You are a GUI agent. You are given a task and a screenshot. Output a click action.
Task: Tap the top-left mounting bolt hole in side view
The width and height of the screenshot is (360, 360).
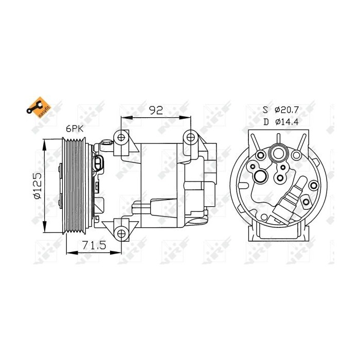click(121, 137)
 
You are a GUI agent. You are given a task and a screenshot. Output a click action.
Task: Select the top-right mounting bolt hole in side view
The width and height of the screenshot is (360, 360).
click(191, 137)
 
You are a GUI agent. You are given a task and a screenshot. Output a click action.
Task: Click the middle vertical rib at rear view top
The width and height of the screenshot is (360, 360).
click(278, 138)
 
